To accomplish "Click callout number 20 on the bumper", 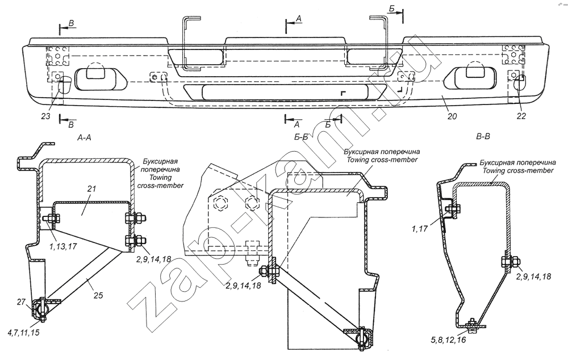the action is [x=452, y=116].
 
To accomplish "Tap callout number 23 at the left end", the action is [x=45, y=116].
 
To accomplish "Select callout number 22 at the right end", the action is [x=521, y=116].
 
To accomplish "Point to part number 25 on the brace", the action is [x=98, y=295].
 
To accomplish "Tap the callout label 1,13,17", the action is [x=62, y=246].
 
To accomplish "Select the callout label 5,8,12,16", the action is [x=449, y=340].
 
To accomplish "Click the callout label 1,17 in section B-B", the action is [x=420, y=228].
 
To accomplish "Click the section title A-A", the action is [x=84, y=137].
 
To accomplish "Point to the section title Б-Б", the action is [x=301, y=137].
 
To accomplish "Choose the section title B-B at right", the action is [x=483, y=137].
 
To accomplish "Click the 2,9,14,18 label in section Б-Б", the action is [x=243, y=286].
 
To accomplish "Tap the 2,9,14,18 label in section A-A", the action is [x=153, y=259].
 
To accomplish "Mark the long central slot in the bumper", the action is [x=285, y=93].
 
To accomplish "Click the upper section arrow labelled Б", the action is [x=395, y=12].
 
